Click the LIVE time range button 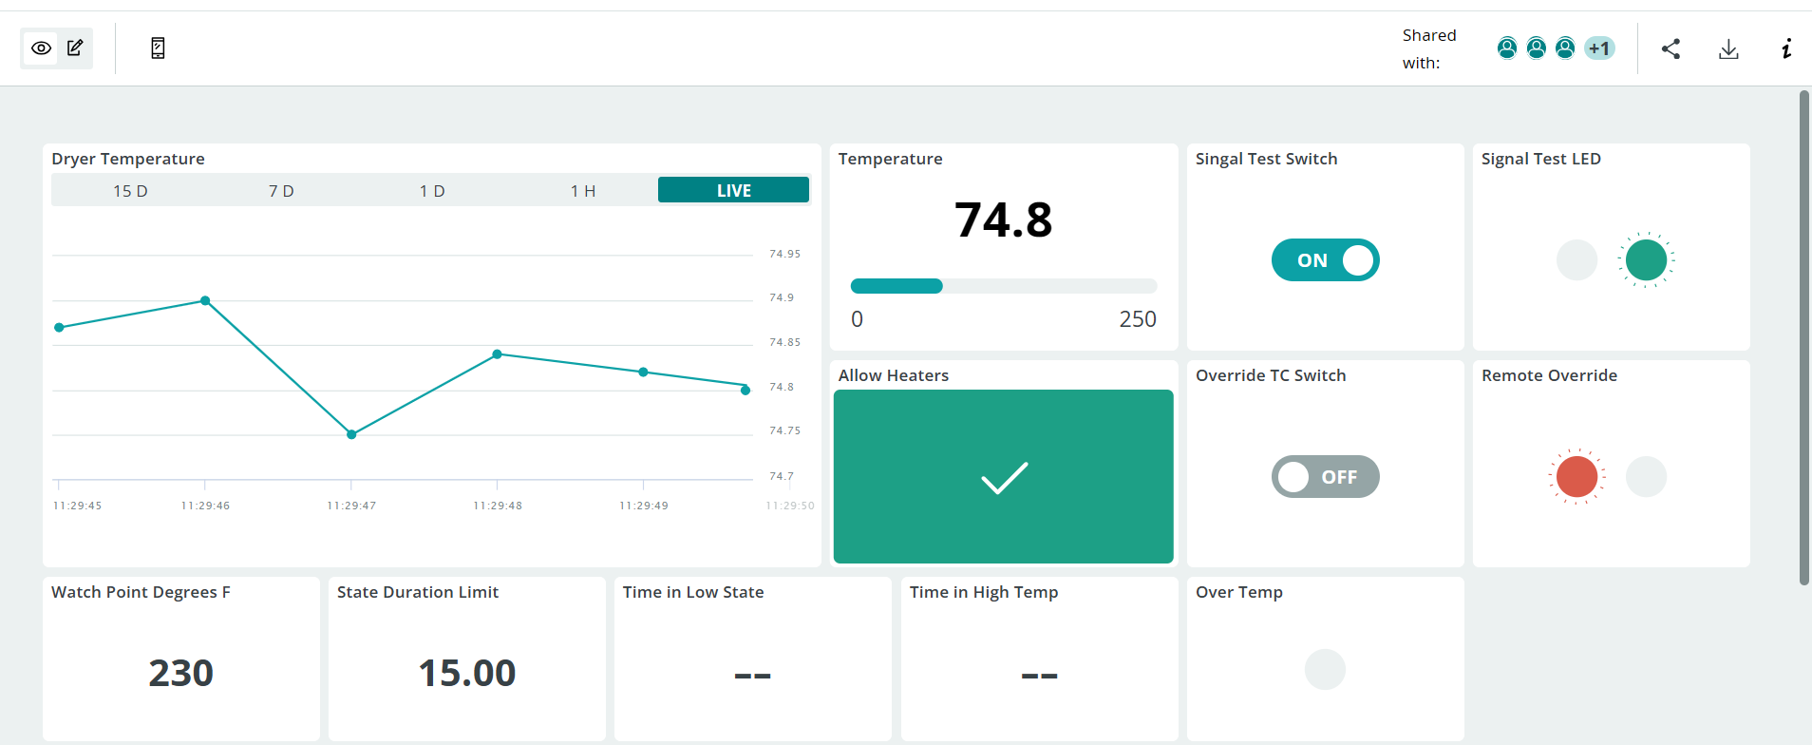coord(733,190)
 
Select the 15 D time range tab coord(130,191)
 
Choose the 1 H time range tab coord(583,191)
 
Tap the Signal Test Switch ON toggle coord(1325,259)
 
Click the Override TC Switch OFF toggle coord(1325,476)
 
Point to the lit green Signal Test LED coord(1646,259)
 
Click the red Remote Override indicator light coord(1576,476)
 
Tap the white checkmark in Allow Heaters coord(1004,477)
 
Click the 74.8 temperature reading coord(1003,220)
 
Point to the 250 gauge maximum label coord(1138,319)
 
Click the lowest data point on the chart coord(351,434)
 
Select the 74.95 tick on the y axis coord(784,254)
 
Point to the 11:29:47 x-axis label coord(351,506)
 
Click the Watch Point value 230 coord(180,673)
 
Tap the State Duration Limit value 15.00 coord(466,673)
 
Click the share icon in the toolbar coord(1670,48)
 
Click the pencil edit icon coord(75,48)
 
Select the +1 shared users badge coord(1599,48)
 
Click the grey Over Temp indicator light coord(1325,669)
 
